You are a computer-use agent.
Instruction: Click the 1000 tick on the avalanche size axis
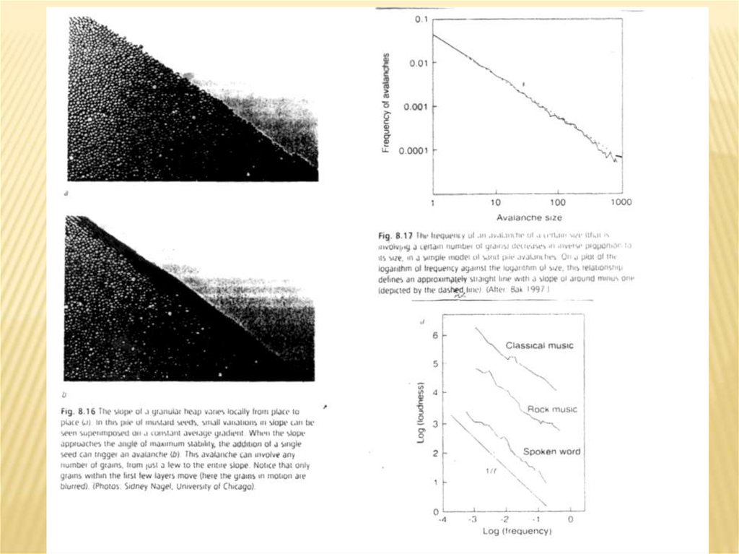pyautogui.click(x=621, y=202)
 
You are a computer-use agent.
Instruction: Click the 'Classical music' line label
pyautogui.click(x=540, y=345)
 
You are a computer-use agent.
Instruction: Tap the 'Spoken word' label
pyautogui.click(x=551, y=452)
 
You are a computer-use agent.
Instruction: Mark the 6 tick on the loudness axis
pyautogui.click(x=434, y=336)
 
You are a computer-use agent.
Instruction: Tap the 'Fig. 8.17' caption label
pyautogui.click(x=393, y=235)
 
